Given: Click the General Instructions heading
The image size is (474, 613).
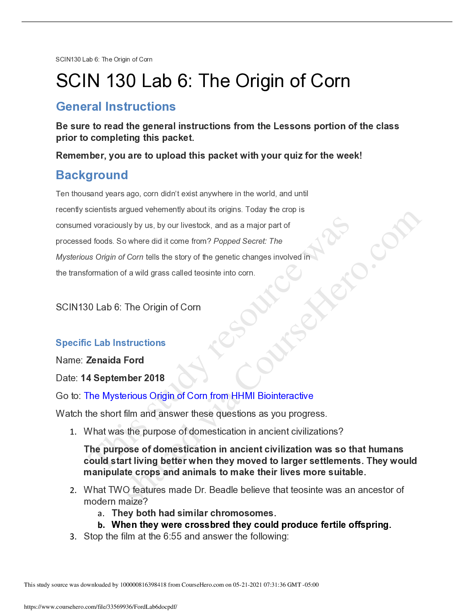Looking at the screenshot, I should (x=116, y=106).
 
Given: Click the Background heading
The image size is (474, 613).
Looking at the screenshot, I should (x=92, y=175).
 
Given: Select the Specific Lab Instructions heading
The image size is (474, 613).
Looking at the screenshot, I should (x=111, y=343).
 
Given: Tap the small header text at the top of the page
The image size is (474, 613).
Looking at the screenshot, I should (x=104, y=60).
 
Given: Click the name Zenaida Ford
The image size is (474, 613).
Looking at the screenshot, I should (x=115, y=360).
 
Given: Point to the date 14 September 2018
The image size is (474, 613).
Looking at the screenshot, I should (x=123, y=378).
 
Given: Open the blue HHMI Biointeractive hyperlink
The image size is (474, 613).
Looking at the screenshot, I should (x=199, y=396).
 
